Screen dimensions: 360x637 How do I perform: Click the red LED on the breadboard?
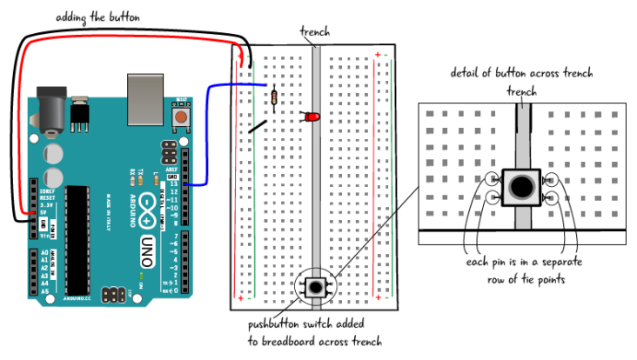(x=313, y=117)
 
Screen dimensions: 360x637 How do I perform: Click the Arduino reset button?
(x=180, y=117)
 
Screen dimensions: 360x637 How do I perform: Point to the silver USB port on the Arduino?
(x=145, y=99)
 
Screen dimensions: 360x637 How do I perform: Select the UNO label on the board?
(x=147, y=251)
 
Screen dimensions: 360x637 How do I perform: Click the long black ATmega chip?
(x=77, y=240)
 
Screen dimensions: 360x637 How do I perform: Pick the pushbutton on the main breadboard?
(x=315, y=287)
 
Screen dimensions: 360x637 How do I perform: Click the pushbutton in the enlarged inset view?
(x=522, y=187)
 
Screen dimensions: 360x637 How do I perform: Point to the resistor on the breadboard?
(x=273, y=97)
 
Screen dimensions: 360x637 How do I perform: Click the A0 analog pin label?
(x=44, y=253)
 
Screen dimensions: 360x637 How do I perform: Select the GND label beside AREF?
(x=171, y=177)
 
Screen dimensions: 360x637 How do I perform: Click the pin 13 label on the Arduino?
(x=172, y=184)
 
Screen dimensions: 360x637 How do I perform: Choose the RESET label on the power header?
(x=47, y=198)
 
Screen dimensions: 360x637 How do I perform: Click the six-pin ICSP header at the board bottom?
(x=111, y=295)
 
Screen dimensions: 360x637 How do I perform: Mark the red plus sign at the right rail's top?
(x=378, y=56)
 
